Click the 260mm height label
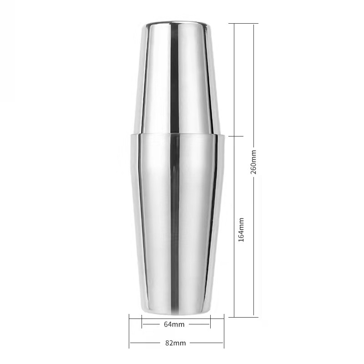(253, 162)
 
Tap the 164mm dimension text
(241, 230)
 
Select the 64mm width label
(174, 324)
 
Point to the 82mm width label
(176, 343)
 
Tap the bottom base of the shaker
(175, 312)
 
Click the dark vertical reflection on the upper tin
(175, 79)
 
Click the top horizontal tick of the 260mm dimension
(243, 24)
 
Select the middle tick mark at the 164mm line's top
(236, 136)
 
